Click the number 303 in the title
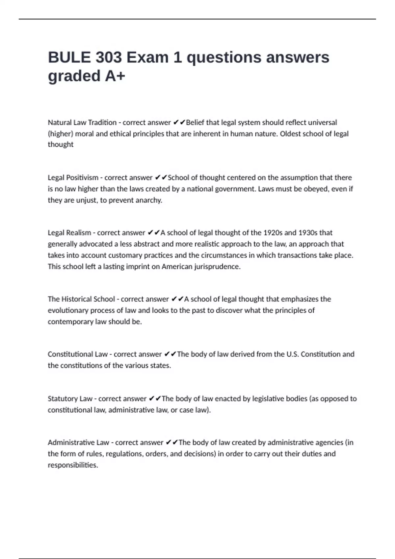(109, 58)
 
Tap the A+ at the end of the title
(115, 76)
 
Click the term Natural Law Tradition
(82, 123)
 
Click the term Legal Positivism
(73, 178)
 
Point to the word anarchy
(149, 200)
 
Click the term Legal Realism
(69, 233)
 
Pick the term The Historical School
(81, 299)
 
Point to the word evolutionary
(68, 310)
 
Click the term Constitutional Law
(78, 354)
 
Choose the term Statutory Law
(70, 399)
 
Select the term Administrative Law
(78, 443)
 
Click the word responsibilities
(73, 465)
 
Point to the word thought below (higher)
(61, 145)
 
